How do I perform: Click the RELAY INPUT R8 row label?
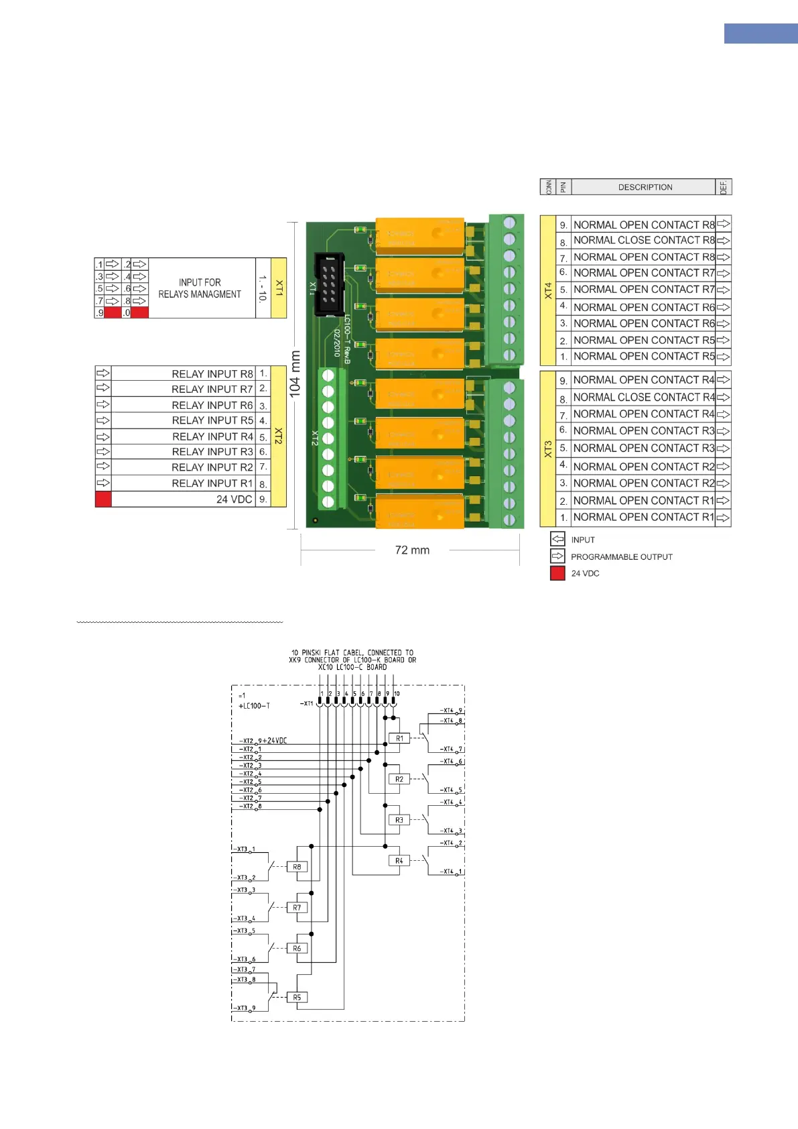click(212, 374)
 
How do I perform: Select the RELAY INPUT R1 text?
click(212, 483)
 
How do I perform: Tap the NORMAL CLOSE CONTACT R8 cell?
click(643, 240)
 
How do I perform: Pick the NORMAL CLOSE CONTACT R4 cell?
click(643, 397)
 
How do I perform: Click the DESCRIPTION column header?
click(645, 187)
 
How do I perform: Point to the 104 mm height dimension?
click(295, 374)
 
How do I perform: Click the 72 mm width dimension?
click(412, 550)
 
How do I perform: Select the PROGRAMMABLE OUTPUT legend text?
click(621, 556)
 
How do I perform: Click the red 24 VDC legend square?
click(557, 573)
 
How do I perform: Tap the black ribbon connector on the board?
click(329, 284)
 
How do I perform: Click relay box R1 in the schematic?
click(399, 738)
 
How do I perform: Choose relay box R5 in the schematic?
click(297, 997)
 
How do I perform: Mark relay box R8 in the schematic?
click(297, 867)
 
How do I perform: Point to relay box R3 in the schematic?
click(399, 820)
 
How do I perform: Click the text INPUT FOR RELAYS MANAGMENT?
click(200, 288)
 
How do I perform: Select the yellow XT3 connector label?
click(548, 449)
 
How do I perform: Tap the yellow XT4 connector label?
click(548, 290)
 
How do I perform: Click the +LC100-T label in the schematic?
click(254, 706)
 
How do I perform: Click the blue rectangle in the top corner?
click(760, 34)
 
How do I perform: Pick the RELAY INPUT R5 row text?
click(212, 420)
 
